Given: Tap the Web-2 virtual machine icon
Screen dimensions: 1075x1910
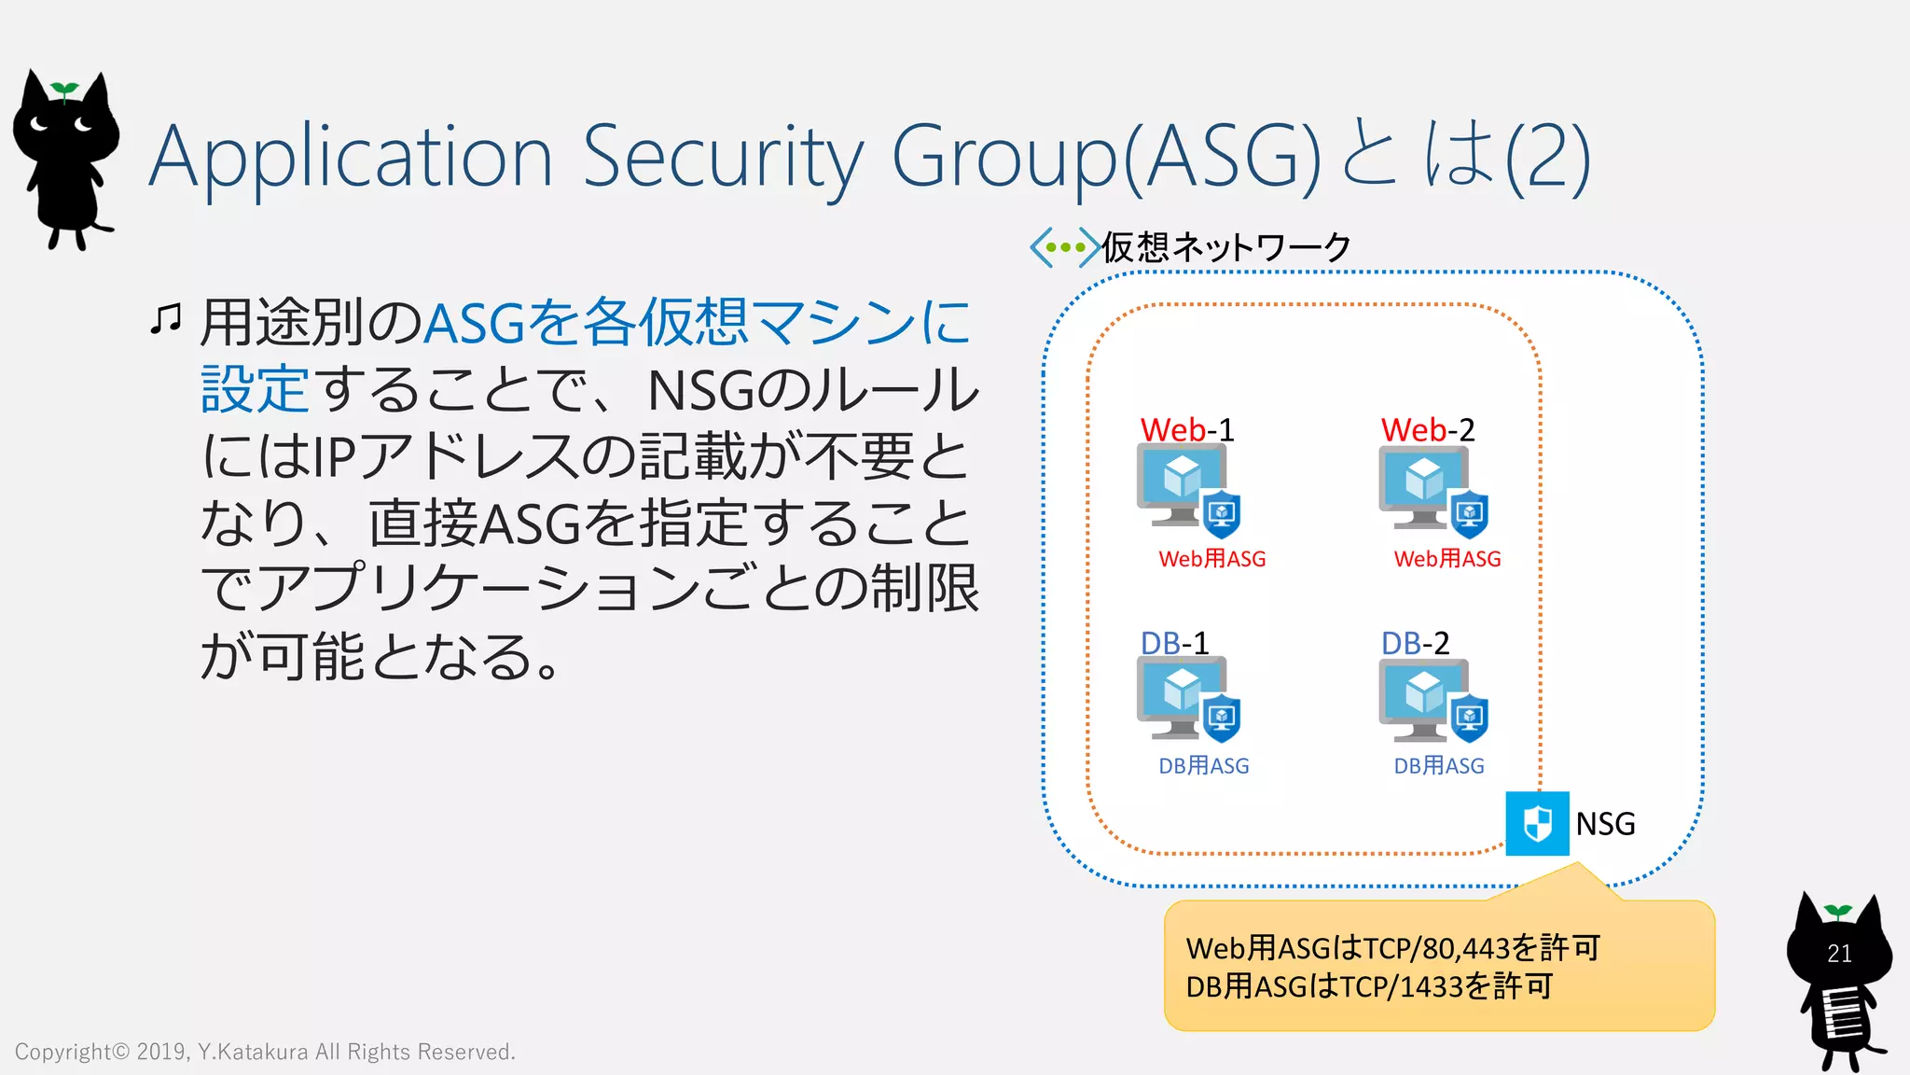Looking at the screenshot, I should pos(1424,487).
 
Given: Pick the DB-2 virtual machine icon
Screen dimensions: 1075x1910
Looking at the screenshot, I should pos(1424,698).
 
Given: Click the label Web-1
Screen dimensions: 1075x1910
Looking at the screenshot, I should pos(1187,430).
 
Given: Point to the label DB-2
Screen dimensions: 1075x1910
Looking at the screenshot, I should pos(1415,643).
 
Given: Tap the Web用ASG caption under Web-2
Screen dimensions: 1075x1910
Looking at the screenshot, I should pos(1447,559).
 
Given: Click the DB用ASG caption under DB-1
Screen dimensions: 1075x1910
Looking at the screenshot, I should pos(1203,766).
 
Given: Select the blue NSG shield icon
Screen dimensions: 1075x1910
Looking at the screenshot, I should pos(1537,823).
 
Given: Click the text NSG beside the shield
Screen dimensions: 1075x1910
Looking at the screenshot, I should pos(1605,824).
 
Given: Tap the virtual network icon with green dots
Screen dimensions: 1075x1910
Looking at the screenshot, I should pos(1064,247).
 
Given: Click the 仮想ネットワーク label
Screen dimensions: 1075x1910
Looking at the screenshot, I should pos(1226,247).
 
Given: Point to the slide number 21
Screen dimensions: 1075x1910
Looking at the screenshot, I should pos(1839,954).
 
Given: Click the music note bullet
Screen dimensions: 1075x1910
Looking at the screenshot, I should pos(166,319).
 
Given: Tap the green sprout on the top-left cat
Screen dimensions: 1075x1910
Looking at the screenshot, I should pos(64,91).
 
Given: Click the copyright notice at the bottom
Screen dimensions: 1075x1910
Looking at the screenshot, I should pos(265,1052).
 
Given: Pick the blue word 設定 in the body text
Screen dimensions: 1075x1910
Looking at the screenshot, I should pos(255,389).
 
